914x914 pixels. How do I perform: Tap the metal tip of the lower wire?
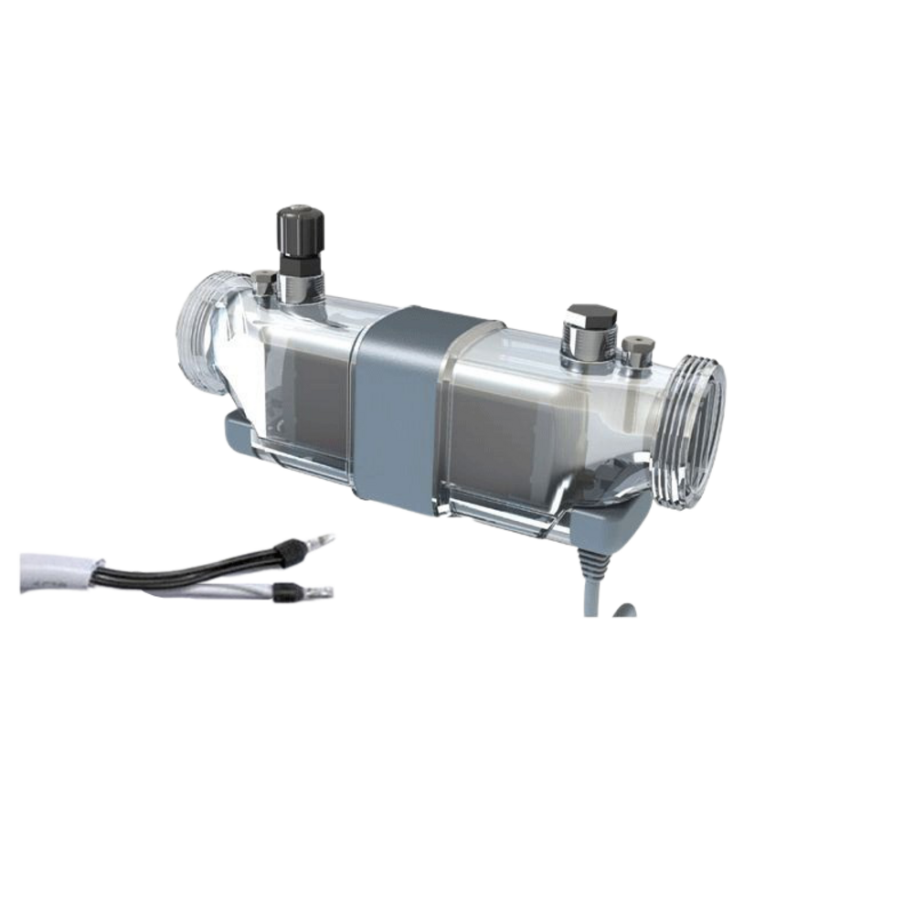coord(321,592)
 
